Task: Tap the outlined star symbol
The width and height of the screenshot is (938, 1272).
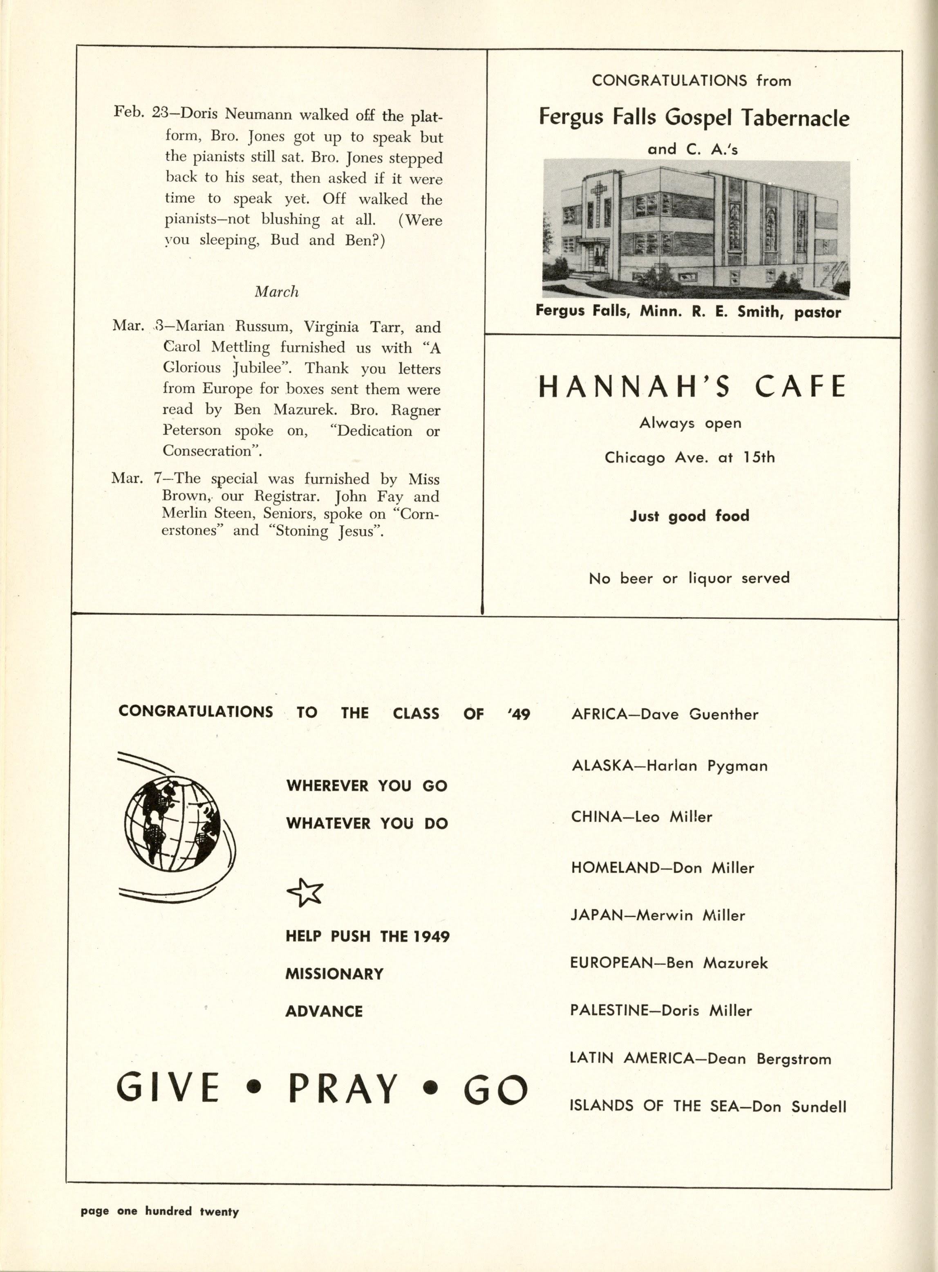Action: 305,892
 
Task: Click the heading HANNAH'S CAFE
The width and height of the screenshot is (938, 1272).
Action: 692,387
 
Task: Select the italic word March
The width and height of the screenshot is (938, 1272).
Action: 277,292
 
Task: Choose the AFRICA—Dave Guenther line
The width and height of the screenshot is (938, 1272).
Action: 664,714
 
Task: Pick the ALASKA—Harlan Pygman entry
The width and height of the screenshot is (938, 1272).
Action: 669,766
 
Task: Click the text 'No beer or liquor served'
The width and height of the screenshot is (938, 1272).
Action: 689,578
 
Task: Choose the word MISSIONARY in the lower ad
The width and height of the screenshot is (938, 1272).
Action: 334,974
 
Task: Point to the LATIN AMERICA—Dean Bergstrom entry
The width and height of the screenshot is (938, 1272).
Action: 700,1059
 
